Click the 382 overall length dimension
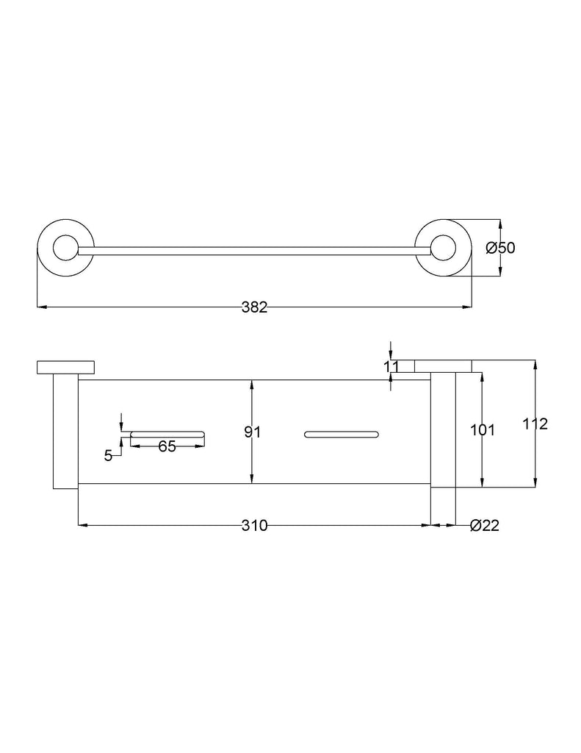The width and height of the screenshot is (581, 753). (x=254, y=307)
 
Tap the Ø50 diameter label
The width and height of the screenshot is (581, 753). (x=500, y=248)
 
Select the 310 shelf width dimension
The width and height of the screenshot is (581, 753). (x=254, y=525)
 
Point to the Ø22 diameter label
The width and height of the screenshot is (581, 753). (x=485, y=525)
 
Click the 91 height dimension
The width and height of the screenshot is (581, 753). (x=253, y=432)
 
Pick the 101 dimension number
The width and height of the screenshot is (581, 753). (x=482, y=429)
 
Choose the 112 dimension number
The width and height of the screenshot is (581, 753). (x=535, y=424)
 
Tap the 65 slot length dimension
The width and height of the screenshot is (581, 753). (x=167, y=446)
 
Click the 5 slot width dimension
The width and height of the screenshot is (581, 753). (x=109, y=456)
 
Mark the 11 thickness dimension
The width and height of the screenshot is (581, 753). (x=391, y=367)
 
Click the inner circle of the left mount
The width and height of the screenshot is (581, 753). (x=65, y=249)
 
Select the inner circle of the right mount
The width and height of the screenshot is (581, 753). (x=444, y=249)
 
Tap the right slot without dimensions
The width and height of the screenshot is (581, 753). (x=342, y=435)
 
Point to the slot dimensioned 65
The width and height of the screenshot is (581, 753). (x=168, y=435)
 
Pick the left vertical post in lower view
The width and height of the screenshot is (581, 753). (x=65, y=431)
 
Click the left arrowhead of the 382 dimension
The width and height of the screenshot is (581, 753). (x=42, y=307)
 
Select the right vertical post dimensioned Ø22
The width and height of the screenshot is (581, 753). (x=443, y=429)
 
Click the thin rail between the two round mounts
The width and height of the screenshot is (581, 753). (x=254, y=251)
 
